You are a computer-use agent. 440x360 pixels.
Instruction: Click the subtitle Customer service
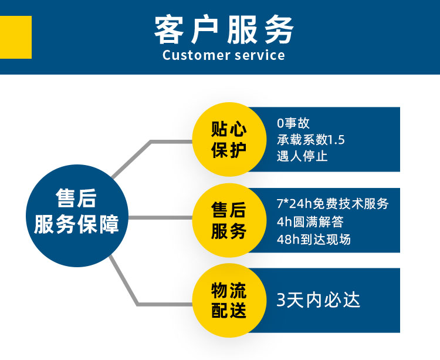[x=224, y=56]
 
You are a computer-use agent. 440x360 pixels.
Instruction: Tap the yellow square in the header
[x=16, y=37]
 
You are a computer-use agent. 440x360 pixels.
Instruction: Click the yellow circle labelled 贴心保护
[x=228, y=140]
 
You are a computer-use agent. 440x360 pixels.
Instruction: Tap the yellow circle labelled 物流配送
[x=228, y=300]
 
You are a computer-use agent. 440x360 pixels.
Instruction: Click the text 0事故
[x=293, y=123]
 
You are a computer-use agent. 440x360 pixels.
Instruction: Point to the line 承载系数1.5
[x=311, y=140]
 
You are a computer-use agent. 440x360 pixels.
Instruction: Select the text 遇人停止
[x=302, y=157]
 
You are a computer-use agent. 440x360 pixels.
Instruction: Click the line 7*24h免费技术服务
[x=332, y=204]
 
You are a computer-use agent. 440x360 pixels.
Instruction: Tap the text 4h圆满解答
[x=310, y=222]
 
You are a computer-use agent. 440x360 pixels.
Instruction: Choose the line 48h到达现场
[x=313, y=240]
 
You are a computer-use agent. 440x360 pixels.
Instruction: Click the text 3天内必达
[x=318, y=300]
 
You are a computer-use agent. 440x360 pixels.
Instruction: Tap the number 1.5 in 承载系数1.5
[x=336, y=140]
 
